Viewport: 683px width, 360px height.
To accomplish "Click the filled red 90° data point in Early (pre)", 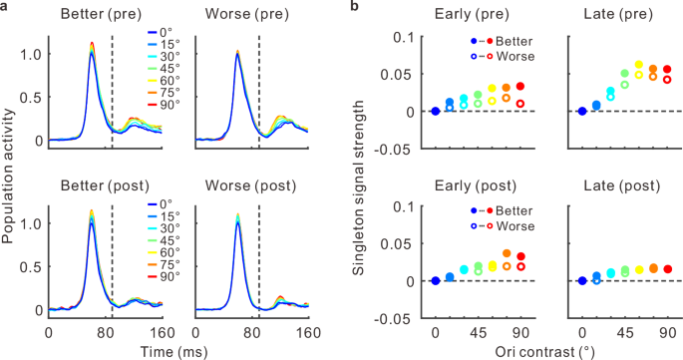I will pos(519,87).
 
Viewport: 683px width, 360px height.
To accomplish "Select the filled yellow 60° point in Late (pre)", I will pos(639,65).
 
